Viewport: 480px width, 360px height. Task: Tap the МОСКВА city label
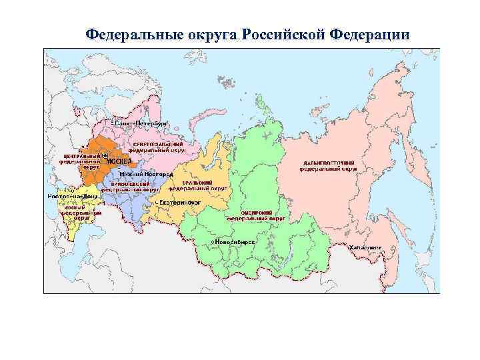pyautogui.click(x=121, y=162)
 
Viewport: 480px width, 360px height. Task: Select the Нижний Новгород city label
pyautogui.click(x=137, y=173)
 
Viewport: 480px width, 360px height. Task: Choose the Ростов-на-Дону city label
pyautogui.click(x=73, y=197)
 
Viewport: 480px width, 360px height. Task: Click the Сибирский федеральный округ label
pyautogui.click(x=256, y=215)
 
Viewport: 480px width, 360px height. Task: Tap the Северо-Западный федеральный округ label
pyautogui.click(x=157, y=147)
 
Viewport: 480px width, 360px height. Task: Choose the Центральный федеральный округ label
pyautogui.click(x=79, y=161)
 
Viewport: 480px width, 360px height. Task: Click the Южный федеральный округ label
pyautogui.click(x=79, y=213)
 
